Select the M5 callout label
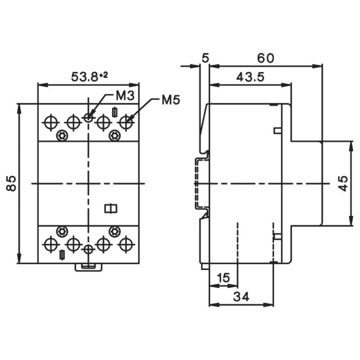tap(170, 100)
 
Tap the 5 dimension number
tap(205, 59)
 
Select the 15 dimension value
tap(223, 278)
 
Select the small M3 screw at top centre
tap(88, 118)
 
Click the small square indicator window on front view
tap(111, 208)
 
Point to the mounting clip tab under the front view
tap(88, 266)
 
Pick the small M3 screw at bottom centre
tap(88, 249)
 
